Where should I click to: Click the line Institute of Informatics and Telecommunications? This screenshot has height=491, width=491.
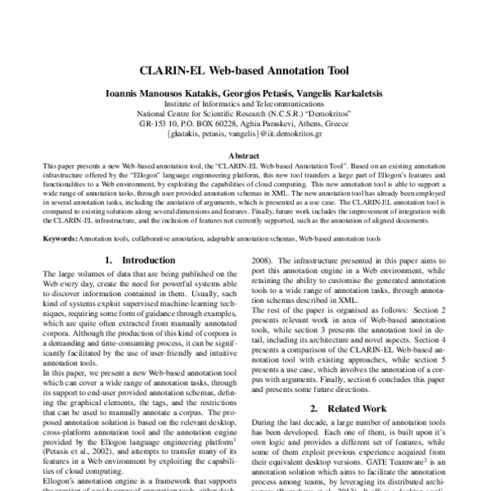245,106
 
